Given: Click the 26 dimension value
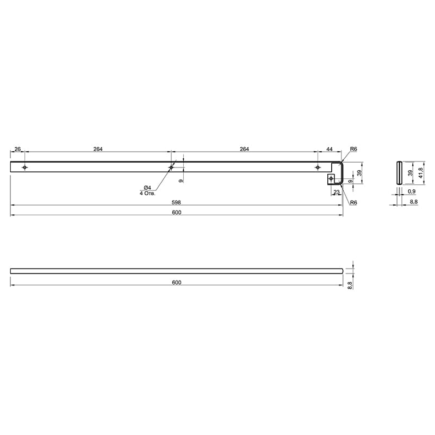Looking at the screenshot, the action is (17, 149).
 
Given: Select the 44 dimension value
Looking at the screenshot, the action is (330, 149).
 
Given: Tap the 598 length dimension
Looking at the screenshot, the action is (176, 202).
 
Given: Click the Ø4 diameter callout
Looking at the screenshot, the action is (147, 188).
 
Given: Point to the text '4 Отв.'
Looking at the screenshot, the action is (147, 193).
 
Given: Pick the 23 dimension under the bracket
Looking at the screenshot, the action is (337, 192).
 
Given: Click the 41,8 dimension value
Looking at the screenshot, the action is (421, 173).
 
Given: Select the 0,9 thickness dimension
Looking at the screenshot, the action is (412, 191).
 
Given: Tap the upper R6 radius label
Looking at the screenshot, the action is (353, 149).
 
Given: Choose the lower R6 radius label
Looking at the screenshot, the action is (353, 202).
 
